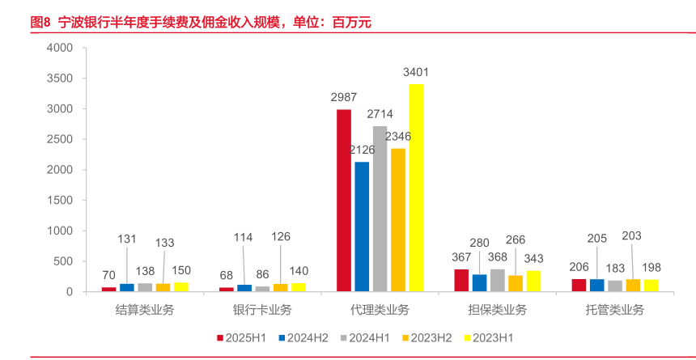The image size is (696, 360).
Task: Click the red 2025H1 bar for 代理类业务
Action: tap(344, 201)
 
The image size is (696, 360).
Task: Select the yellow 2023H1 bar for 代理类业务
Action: tap(416, 188)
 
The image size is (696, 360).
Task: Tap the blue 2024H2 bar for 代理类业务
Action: tap(362, 227)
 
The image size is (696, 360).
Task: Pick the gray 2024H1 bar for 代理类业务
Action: tap(380, 209)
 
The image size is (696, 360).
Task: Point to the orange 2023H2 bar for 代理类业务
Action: tap(398, 220)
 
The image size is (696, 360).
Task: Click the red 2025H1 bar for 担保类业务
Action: tap(461, 280)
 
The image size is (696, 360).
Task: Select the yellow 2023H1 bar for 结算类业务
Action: tap(180, 286)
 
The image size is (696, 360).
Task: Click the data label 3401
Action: tap(416, 72)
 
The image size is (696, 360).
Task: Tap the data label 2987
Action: tap(344, 97)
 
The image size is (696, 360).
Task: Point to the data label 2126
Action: tap(363, 150)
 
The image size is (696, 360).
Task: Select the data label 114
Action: tap(244, 237)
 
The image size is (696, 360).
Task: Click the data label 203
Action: tap(632, 235)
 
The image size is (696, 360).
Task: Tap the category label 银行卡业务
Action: tap(262, 310)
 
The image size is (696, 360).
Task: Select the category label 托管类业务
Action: tap(615, 310)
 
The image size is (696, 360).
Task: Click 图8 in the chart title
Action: tap(40, 22)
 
